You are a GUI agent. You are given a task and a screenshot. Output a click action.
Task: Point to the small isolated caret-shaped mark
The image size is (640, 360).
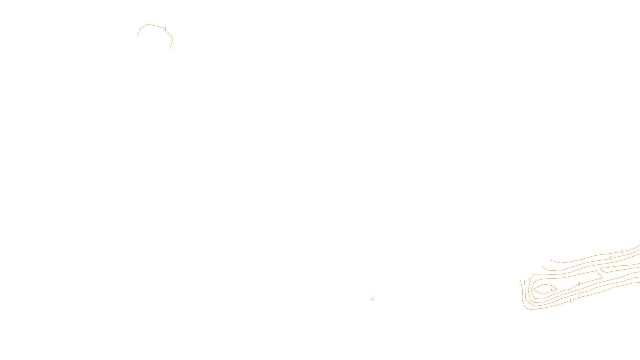(x=372, y=298)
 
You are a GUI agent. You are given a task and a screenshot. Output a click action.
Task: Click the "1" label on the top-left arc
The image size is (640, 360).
(x=165, y=29)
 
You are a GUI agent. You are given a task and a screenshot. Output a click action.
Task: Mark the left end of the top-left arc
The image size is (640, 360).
(x=138, y=36)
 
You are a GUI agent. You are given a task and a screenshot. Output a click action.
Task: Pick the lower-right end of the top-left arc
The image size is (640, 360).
(x=170, y=48)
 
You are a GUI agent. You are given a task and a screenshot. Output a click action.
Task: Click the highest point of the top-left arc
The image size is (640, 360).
(x=149, y=24)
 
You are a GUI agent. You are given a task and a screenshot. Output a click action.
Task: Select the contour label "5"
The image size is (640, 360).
(x=552, y=291)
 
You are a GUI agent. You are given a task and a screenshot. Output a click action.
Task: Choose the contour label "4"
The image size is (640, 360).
(x=579, y=284)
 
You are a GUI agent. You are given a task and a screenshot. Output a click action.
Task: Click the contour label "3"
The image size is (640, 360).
(x=530, y=280)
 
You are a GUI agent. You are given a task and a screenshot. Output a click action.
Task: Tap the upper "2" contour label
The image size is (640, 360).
(x=611, y=258)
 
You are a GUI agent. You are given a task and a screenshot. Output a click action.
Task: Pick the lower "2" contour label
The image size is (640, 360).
(x=579, y=294)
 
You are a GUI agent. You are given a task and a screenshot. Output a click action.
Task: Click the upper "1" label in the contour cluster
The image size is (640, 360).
(x=622, y=251)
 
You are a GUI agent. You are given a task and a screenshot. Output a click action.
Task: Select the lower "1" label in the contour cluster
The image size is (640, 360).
(x=570, y=300)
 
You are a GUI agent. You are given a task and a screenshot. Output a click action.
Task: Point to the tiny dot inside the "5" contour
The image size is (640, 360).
(x=543, y=290)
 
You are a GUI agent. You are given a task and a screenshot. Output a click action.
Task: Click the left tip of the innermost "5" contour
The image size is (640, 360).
(x=534, y=290)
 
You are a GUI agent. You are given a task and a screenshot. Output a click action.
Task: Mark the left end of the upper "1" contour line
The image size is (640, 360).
(x=551, y=260)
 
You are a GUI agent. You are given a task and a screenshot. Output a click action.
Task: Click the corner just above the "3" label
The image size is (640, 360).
(x=534, y=274)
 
